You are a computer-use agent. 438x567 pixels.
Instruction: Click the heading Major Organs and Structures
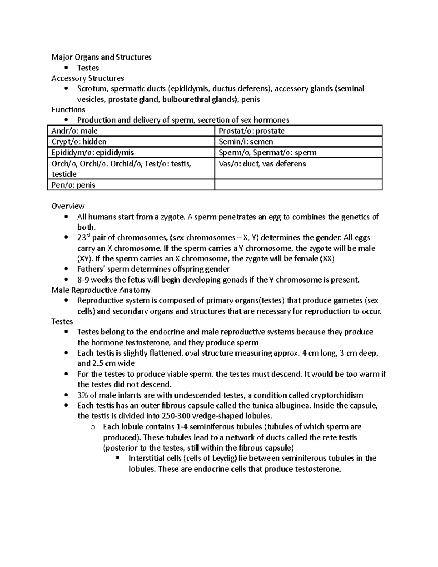[101, 57]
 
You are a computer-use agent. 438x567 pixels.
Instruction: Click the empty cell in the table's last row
[298, 185]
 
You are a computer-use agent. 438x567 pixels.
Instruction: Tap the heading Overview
[68, 206]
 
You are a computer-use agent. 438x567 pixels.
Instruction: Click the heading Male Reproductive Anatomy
[101, 290]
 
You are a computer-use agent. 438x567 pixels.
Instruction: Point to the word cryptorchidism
[337, 395]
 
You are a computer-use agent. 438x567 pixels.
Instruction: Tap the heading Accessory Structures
[88, 78]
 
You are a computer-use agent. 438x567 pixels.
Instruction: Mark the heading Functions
[68, 110]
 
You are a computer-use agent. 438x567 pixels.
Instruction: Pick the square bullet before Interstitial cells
[118, 458]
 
